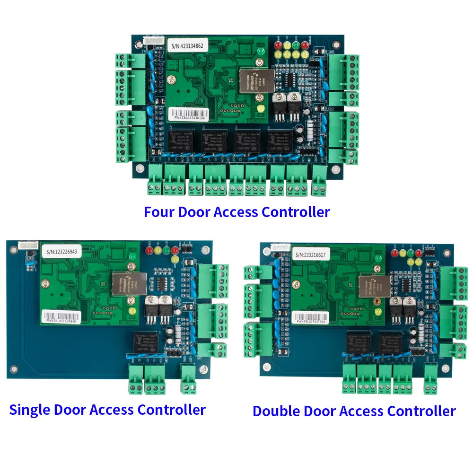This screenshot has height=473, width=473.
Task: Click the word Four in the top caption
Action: (x=159, y=212)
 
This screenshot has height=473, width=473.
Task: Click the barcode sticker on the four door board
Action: (x=188, y=114)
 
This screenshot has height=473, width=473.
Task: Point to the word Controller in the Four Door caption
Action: (x=296, y=212)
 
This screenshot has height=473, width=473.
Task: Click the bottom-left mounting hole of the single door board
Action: (x=14, y=368)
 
